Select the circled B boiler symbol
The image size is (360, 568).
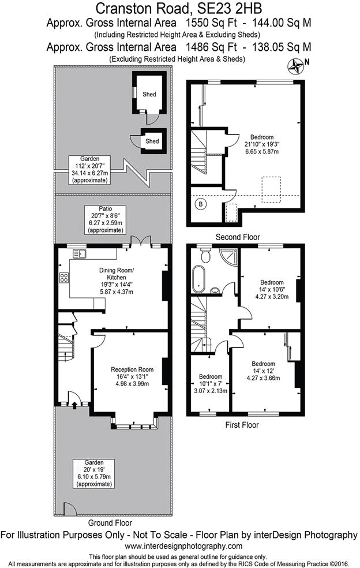201,204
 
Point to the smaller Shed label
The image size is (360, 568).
152,141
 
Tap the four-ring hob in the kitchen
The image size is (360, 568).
63,278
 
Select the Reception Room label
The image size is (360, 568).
132,369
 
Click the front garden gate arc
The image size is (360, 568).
69,509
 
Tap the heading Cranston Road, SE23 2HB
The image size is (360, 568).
179,9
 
